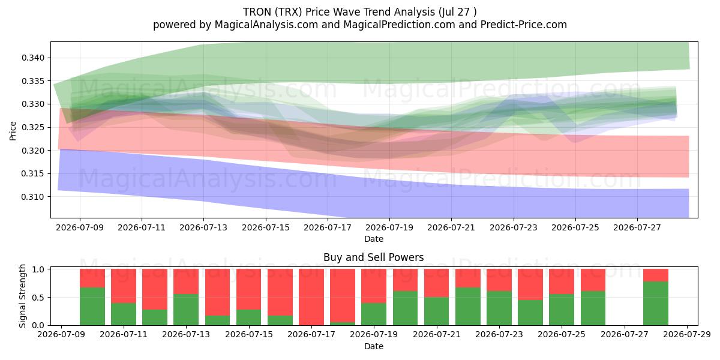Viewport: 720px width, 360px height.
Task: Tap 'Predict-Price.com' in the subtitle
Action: click(524, 25)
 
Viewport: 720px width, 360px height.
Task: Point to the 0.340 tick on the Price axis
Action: click(34, 58)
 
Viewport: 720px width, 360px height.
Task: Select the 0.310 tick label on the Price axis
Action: click(34, 197)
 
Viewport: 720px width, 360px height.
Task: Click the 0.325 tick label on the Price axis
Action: click(34, 127)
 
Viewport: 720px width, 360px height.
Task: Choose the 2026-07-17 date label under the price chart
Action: click(328, 227)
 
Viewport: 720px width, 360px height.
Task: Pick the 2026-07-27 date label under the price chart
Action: click(637, 227)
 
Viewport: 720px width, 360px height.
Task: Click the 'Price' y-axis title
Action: click(13, 131)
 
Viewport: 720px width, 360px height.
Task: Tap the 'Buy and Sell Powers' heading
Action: click(373, 257)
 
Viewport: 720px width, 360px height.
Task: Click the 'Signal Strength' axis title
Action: click(23, 296)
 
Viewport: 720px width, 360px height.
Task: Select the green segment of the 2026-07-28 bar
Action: click(656, 304)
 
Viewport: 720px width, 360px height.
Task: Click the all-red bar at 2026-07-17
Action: click(311, 297)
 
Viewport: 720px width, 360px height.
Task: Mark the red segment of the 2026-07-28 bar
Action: click(656, 275)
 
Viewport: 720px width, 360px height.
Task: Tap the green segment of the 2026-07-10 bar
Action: click(92, 307)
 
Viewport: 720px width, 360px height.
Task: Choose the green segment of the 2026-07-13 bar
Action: click(186, 310)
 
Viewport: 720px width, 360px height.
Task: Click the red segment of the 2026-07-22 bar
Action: click(467, 278)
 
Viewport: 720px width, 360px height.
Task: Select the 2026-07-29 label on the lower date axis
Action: click(687, 335)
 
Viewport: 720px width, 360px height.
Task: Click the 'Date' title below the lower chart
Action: click(373, 347)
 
